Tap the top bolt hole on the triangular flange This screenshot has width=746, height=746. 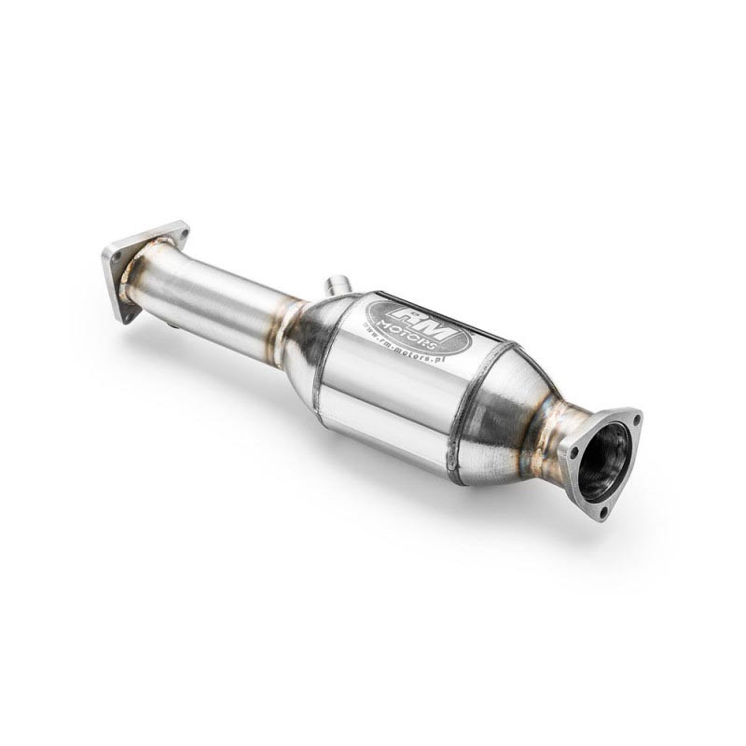pyautogui.click(x=634, y=420)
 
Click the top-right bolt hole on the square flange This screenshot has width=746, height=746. pyautogui.click(x=181, y=229)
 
